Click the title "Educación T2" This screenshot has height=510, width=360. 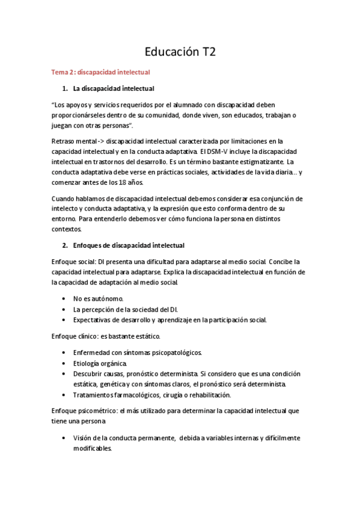pyautogui.click(x=180, y=52)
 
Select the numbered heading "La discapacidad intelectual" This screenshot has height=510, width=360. pyautogui.click(x=114, y=88)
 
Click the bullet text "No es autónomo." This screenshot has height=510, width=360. pyautogui.click(x=98, y=298)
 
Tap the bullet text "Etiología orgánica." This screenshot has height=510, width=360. pyautogui.click(x=100, y=363)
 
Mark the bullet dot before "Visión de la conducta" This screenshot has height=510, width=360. pyautogui.click(x=64, y=438)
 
